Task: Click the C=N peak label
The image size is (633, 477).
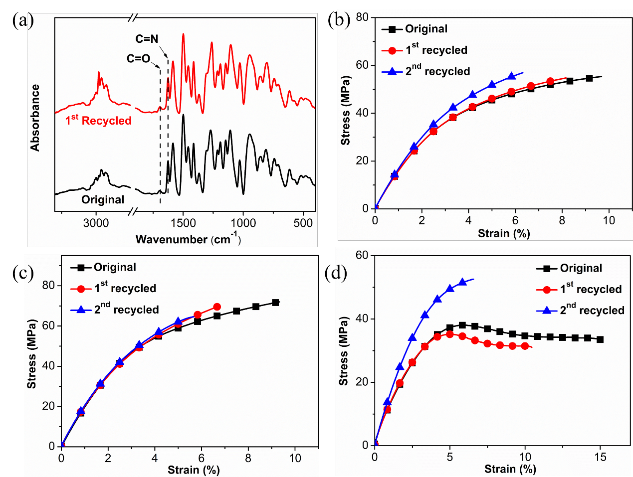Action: click(x=147, y=39)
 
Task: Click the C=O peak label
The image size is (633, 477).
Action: click(x=138, y=59)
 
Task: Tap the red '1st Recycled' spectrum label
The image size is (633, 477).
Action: click(x=98, y=121)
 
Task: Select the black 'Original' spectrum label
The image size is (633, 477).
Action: click(x=103, y=200)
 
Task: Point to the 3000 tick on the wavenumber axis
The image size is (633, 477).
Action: click(x=96, y=223)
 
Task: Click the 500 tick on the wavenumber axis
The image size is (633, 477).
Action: click(x=303, y=223)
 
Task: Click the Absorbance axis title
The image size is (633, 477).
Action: click(x=35, y=118)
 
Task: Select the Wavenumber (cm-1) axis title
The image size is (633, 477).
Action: click(x=188, y=239)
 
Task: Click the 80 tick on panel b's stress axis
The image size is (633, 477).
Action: click(x=362, y=17)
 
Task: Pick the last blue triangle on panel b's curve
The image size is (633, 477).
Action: click(x=511, y=76)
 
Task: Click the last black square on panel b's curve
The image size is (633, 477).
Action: click(x=589, y=78)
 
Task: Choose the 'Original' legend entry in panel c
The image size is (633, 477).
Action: click(x=115, y=267)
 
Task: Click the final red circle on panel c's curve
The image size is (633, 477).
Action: click(x=217, y=307)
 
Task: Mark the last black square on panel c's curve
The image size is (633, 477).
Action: click(x=275, y=303)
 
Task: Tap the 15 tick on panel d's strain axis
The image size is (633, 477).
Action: click(x=600, y=457)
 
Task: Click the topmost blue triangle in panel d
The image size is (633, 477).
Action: click(x=462, y=282)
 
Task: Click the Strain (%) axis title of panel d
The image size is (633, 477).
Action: click(x=510, y=469)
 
